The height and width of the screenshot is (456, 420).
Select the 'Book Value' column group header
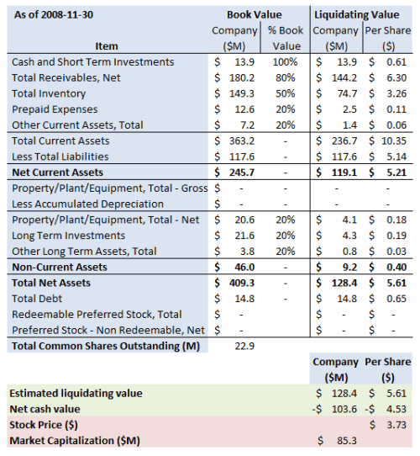255,14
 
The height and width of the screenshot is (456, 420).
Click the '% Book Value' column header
286,37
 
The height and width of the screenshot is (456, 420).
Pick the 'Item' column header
107,45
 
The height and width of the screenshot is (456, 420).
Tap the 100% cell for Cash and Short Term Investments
286,61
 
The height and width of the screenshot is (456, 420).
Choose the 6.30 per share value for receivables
396,77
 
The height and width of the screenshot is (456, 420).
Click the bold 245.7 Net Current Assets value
239,172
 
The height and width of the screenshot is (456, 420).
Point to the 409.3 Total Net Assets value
239,282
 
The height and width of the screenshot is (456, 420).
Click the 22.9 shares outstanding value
244,345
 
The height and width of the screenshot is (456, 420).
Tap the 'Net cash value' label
45,408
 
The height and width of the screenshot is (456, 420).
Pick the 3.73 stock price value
397,424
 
